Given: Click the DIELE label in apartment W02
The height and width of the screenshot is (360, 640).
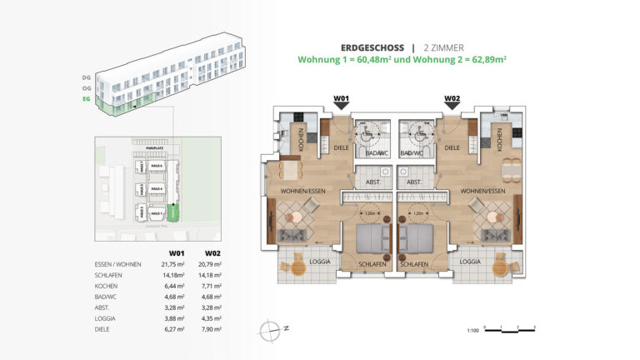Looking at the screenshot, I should click(x=452, y=147).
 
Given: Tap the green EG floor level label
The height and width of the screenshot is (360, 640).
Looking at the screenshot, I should click(x=86, y=99).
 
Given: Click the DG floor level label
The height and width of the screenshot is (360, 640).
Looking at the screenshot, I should click(x=86, y=77).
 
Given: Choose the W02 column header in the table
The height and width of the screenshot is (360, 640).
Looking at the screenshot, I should click(x=214, y=251).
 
